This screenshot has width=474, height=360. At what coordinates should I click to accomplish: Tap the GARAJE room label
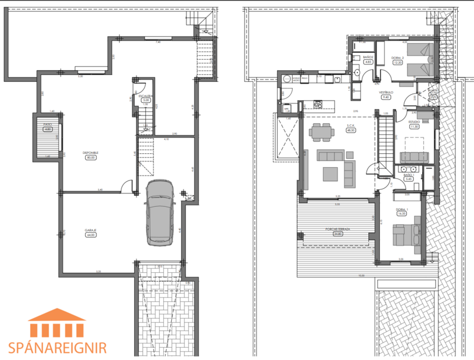(91, 232)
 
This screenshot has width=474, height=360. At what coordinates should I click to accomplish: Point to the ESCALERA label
(145, 96)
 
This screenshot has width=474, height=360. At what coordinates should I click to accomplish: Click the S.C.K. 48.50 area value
(351, 131)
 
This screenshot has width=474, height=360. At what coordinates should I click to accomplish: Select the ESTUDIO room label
(414, 122)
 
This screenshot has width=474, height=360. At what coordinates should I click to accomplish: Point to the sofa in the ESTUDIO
(414, 156)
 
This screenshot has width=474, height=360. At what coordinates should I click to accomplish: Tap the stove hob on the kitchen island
(319, 105)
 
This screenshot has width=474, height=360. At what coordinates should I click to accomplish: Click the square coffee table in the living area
(329, 173)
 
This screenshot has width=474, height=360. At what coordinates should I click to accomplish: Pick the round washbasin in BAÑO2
(358, 73)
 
